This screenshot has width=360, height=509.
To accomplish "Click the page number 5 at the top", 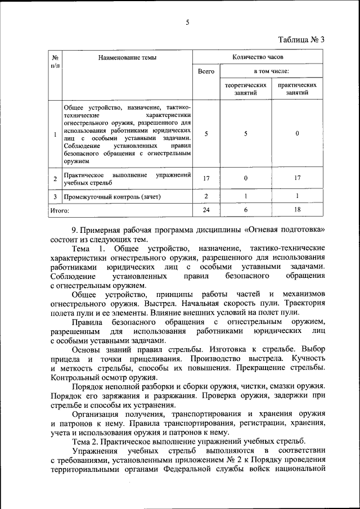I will click(188, 22).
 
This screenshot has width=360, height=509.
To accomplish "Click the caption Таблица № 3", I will click(301, 39).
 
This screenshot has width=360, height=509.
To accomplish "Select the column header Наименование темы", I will click(127, 57).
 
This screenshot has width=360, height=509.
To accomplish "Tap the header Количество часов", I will click(258, 57).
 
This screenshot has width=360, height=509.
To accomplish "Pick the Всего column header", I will click(206, 71).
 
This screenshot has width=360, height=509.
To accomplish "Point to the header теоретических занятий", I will click(246, 89).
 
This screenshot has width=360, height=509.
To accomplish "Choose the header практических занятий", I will click(297, 89).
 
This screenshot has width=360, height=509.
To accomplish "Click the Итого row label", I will click(60, 210).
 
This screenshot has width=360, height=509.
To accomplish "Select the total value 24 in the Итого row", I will click(206, 209).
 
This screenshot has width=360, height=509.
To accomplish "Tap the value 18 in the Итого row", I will click(297, 209).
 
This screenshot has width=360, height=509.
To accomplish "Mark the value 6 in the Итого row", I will click(246, 209).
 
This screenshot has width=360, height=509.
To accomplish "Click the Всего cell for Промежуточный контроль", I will click(206, 196).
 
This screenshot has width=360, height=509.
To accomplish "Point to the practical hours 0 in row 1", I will click(297, 134).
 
